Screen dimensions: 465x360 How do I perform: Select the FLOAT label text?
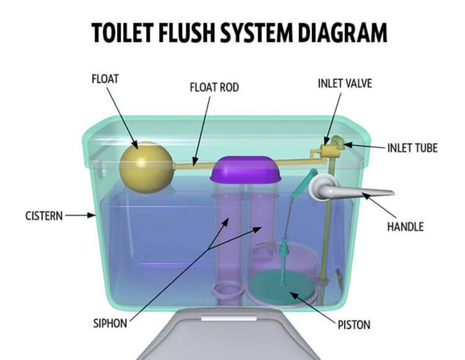coord(106,79)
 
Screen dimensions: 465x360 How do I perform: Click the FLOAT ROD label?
coord(214,87)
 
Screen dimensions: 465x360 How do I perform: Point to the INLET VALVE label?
coord(345,84)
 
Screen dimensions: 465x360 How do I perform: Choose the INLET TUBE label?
coord(412,148)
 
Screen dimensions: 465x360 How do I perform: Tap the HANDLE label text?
coord(406,227)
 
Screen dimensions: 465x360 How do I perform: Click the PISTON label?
coord(354,325)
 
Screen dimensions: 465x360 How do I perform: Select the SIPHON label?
coord(110,323)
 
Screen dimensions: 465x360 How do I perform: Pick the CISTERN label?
coord(44,216)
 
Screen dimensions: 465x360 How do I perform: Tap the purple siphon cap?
coord(246,169)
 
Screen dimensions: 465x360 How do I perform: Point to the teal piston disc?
coord(282,287)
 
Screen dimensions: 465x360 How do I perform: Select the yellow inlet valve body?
coord(326,150)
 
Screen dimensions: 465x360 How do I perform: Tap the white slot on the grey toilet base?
coord(229,318)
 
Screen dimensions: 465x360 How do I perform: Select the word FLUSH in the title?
coord(186,32)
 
